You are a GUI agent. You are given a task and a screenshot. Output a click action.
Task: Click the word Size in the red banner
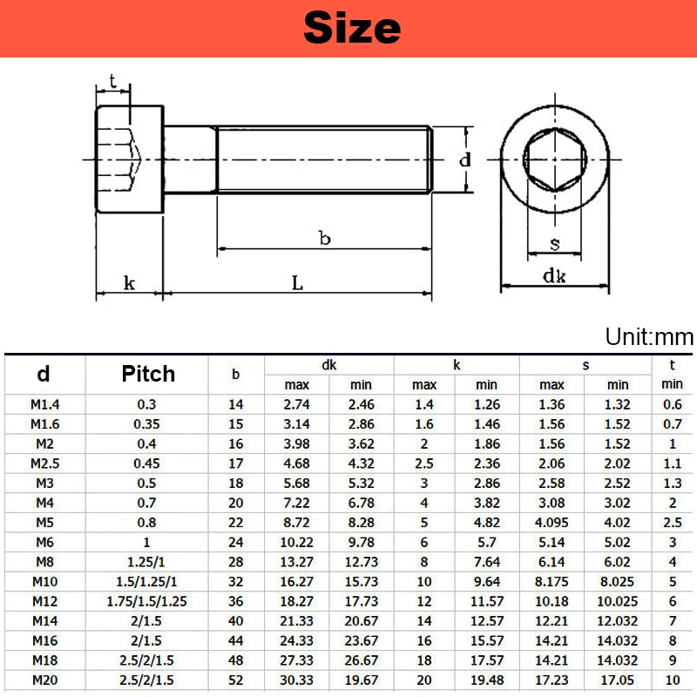tap(352, 28)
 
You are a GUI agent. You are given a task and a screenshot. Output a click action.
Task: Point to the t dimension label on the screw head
tap(112, 82)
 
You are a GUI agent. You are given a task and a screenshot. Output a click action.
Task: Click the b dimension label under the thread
tap(324, 237)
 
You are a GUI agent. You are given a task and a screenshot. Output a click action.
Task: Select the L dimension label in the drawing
tap(297, 282)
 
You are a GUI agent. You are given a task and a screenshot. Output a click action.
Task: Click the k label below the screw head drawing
tap(129, 282)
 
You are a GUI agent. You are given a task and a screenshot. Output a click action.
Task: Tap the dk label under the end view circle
tap(554, 276)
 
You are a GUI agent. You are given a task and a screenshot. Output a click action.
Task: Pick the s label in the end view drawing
tap(554, 244)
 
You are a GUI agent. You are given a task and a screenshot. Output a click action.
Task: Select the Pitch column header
tap(147, 374)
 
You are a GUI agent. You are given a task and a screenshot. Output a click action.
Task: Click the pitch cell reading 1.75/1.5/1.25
tap(147, 601)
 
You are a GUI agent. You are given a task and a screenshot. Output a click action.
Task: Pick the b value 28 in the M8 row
tap(236, 562)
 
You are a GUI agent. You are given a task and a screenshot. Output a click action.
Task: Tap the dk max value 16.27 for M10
tap(297, 582)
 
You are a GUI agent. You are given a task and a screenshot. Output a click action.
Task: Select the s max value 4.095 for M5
tap(552, 523)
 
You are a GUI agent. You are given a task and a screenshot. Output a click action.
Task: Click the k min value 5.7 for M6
tap(487, 542)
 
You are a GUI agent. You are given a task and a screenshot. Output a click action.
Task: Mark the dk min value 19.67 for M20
tap(361, 680)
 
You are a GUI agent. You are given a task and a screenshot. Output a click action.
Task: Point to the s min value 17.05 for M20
tap(618, 680)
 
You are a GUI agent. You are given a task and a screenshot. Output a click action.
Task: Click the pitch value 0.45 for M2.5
tap(147, 464)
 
